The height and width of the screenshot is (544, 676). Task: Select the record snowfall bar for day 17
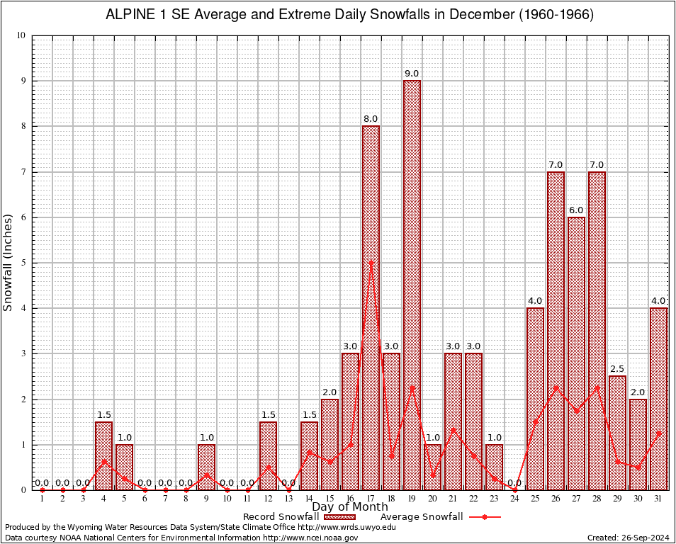pos(371,307)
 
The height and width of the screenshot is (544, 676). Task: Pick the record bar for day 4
pos(103,455)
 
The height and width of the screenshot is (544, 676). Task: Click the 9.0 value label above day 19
pos(412,74)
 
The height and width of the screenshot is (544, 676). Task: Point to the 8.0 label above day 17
pos(371,119)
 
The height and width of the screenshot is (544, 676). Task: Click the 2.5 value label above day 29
pos(617,369)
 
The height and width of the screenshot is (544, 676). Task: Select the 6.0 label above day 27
pos(576,210)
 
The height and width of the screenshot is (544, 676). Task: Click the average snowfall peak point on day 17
pos(371,263)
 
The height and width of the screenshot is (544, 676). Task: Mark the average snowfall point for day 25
pos(535,421)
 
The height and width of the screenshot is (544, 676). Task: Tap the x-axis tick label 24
pos(514,499)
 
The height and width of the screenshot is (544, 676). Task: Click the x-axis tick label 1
pos(42,499)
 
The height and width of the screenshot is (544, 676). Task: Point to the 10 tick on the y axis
pos(21,35)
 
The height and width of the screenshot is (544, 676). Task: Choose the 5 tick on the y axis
pos(23,263)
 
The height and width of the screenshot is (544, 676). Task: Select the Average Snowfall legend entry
pos(422,517)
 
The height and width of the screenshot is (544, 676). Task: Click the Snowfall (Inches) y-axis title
pos(9,263)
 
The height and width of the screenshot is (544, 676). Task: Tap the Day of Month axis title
pos(350,507)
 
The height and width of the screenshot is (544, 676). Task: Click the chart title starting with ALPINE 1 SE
pos(349,15)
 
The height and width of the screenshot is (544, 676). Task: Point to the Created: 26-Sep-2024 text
pos(627,538)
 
